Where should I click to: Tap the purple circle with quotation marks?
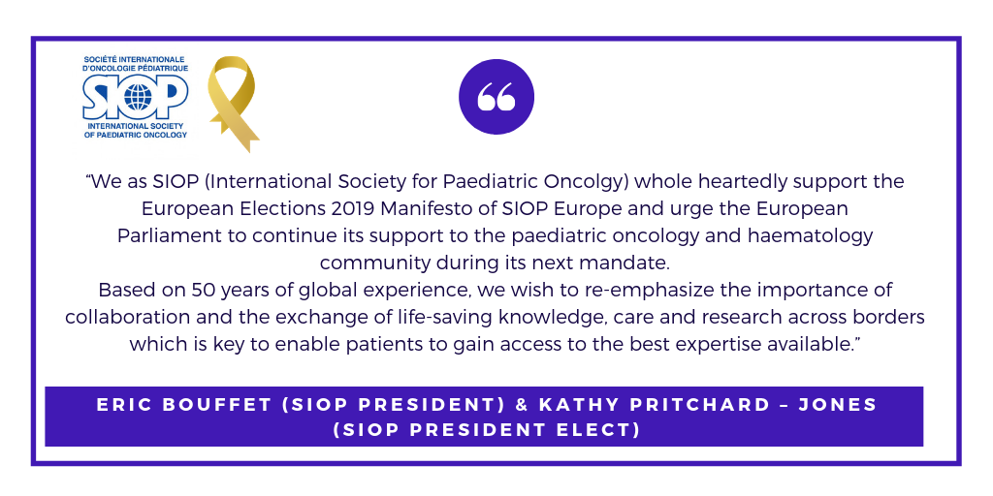(496, 97)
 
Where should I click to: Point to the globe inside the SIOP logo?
(138, 97)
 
